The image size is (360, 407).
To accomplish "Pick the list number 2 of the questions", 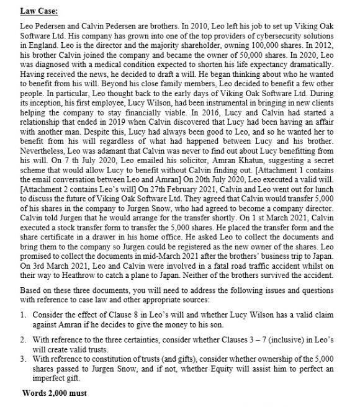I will (x=24, y=352).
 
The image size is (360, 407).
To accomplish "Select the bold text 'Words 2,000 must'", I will (x=55, y=393).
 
